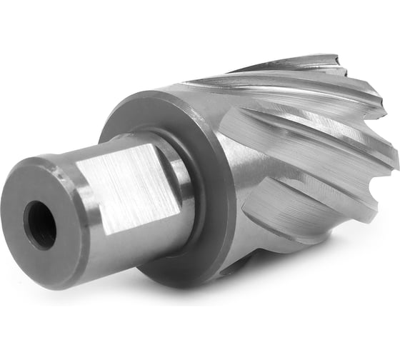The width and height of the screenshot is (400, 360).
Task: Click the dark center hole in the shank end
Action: point(40,224)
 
